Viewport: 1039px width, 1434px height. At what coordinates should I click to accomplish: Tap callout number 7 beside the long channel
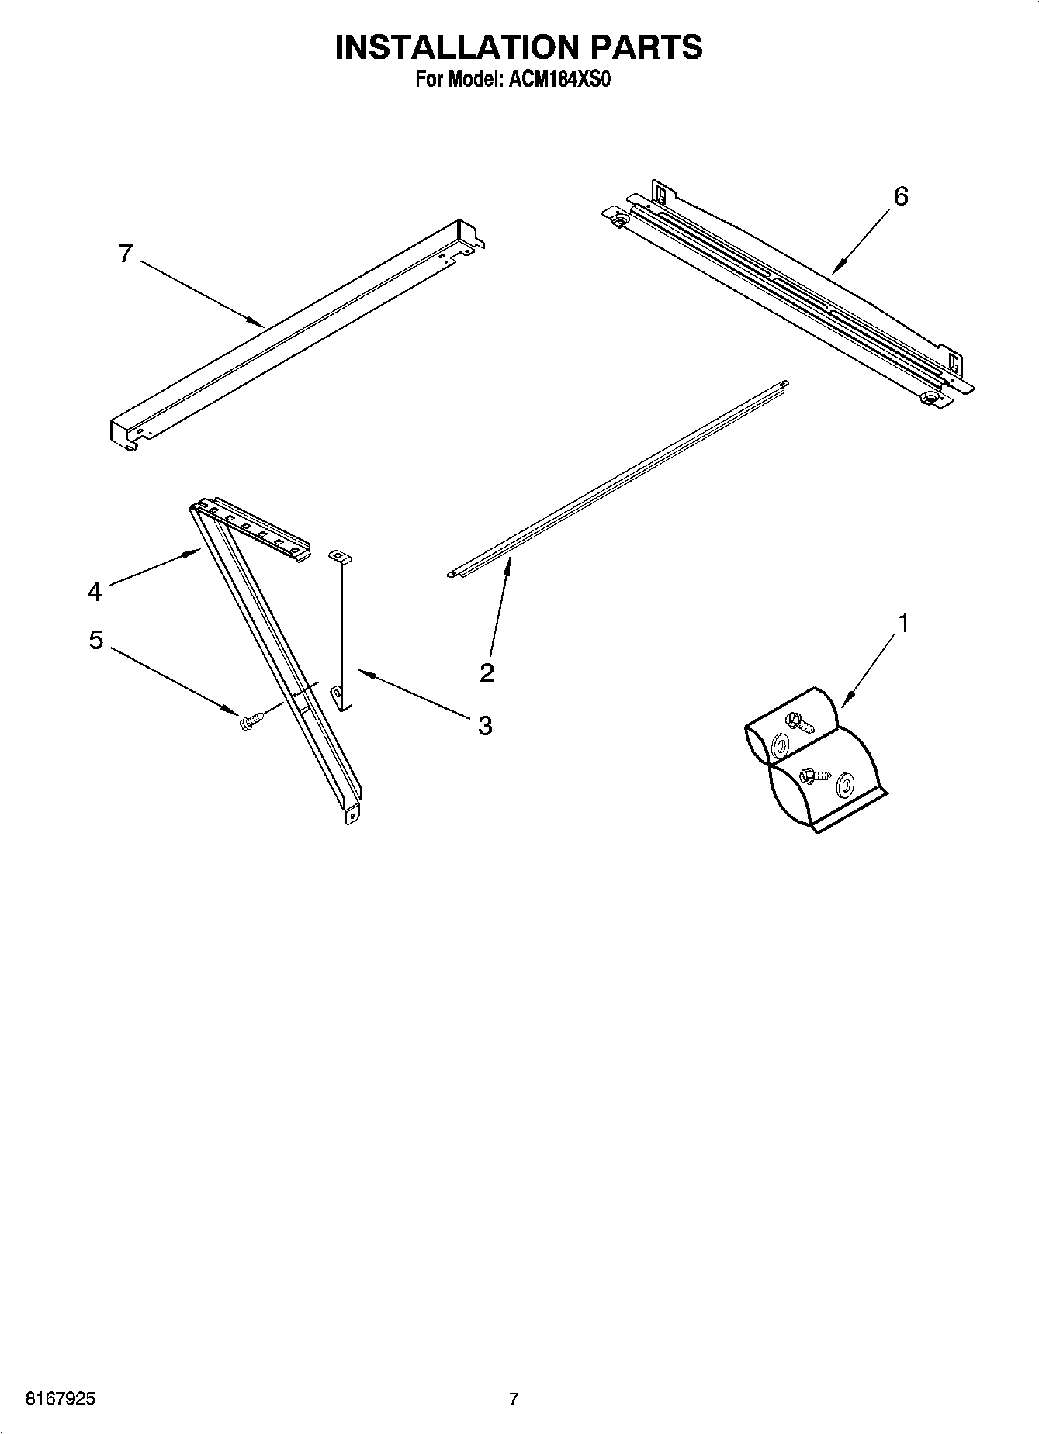click(x=126, y=254)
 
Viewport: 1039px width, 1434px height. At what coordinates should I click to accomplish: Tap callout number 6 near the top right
click(x=900, y=197)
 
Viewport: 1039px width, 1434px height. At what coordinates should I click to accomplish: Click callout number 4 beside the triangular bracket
click(x=94, y=593)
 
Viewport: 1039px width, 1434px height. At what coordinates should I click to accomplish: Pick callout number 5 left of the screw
click(x=95, y=641)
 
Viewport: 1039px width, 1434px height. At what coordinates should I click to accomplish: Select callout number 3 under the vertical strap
click(x=484, y=726)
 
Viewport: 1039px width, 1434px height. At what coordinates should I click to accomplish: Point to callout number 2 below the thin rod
click(x=487, y=672)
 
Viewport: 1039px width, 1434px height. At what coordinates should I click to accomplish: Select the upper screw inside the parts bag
click(x=798, y=722)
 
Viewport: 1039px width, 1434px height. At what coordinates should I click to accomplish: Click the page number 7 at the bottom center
click(x=513, y=1400)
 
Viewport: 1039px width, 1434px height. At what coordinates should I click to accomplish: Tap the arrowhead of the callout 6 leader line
click(x=834, y=271)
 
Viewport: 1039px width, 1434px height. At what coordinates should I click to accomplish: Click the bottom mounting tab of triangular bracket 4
click(x=352, y=816)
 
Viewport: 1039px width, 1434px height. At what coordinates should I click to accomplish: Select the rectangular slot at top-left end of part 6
click(x=660, y=191)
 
